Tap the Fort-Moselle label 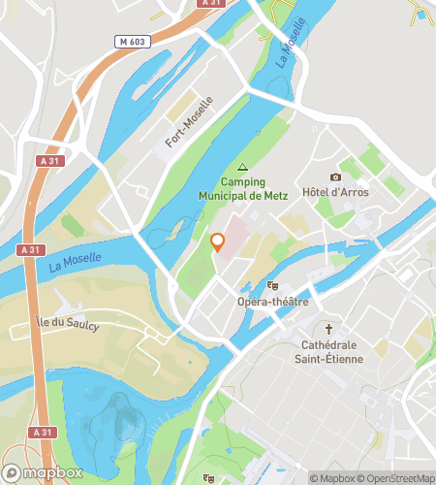pyautogui.click(x=188, y=127)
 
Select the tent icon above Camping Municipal pyautogui.click(x=242, y=166)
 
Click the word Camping pyautogui.click(x=242, y=181)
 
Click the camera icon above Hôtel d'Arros pyautogui.click(x=336, y=177)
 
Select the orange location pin pyautogui.click(x=218, y=242)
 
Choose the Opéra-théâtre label pyautogui.click(x=272, y=302)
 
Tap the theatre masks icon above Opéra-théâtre pyautogui.click(x=273, y=286)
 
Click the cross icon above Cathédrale pyautogui.click(x=328, y=329)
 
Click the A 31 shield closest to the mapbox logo pyautogui.click(x=41, y=433)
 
